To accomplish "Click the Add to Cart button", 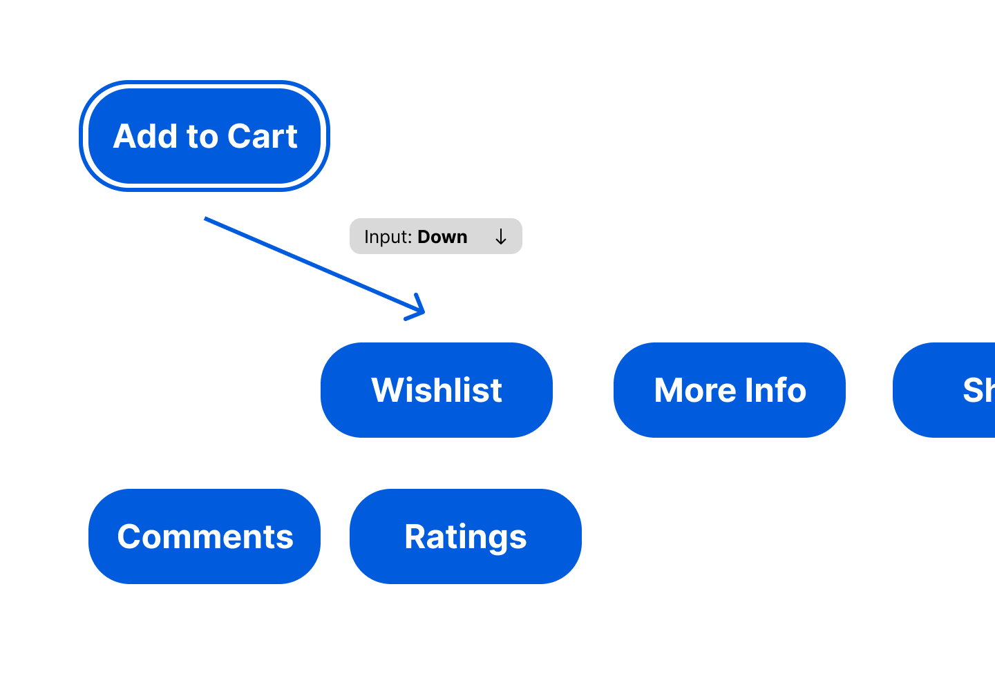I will click(x=205, y=136).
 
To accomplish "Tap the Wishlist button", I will click(x=436, y=390).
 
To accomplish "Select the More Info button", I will click(x=729, y=390).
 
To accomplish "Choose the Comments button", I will click(x=205, y=536).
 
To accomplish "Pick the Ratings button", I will click(x=465, y=536).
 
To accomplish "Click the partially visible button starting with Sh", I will click(x=947, y=390).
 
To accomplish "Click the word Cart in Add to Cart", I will click(x=263, y=136).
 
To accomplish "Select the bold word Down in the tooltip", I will click(x=442, y=237).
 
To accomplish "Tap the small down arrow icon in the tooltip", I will click(x=501, y=237).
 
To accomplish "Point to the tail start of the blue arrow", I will click(x=206, y=219).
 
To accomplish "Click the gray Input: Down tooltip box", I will click(x=435, y=236).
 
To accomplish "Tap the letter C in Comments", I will click(x=129, y=536).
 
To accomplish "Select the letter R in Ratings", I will click(x=415, y=536).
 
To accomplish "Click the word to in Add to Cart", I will click(x=202, y=137).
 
